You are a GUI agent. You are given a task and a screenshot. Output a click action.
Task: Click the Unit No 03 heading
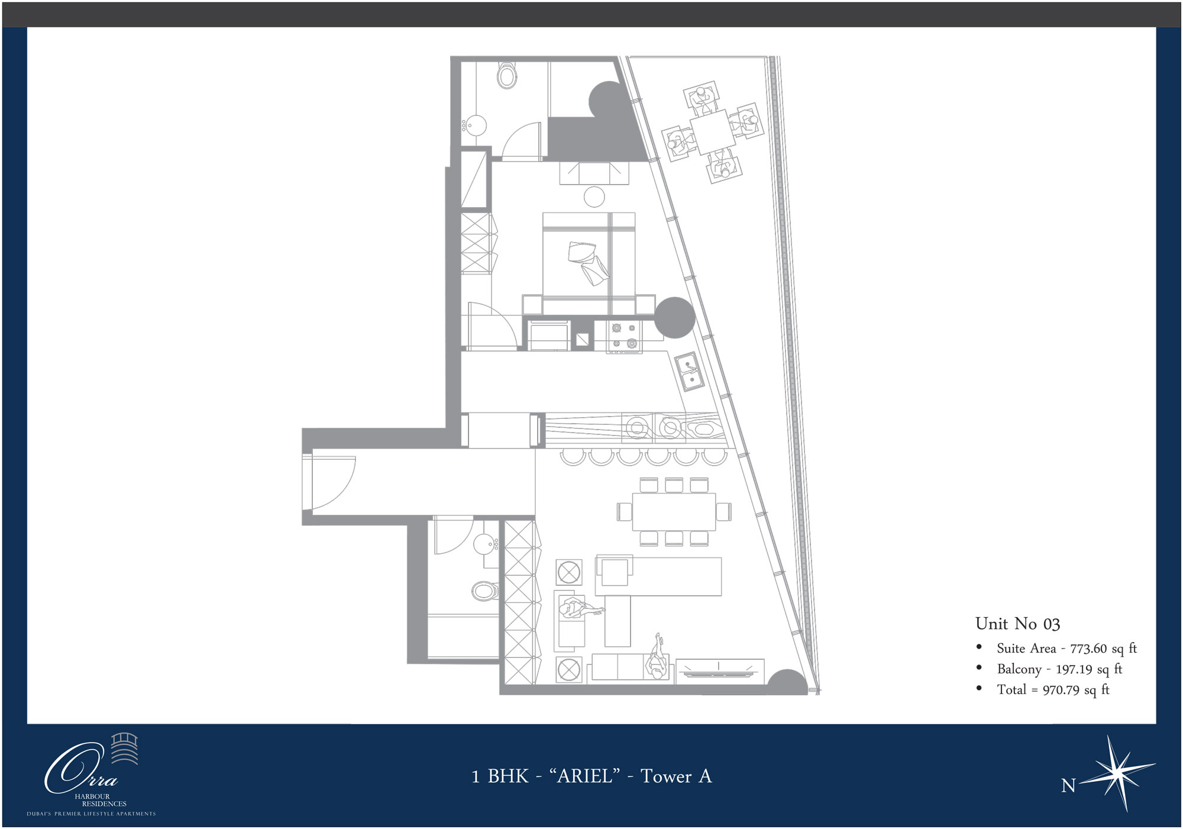point(1017,624)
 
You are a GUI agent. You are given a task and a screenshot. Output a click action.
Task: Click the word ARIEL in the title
point(584,776)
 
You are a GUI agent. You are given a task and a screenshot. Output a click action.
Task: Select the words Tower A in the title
point(676,776)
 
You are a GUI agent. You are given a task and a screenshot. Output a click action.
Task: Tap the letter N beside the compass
point(1068,786)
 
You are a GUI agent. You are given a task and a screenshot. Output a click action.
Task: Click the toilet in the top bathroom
point(506,76)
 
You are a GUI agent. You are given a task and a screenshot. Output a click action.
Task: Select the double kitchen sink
point(690,372)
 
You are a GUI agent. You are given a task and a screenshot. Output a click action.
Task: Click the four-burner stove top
point(625,336)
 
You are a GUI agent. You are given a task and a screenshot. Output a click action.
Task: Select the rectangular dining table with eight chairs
point(674,512)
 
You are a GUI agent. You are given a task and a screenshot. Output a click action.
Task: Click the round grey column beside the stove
point(674,318)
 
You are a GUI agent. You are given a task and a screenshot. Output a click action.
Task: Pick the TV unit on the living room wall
point(720,671)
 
